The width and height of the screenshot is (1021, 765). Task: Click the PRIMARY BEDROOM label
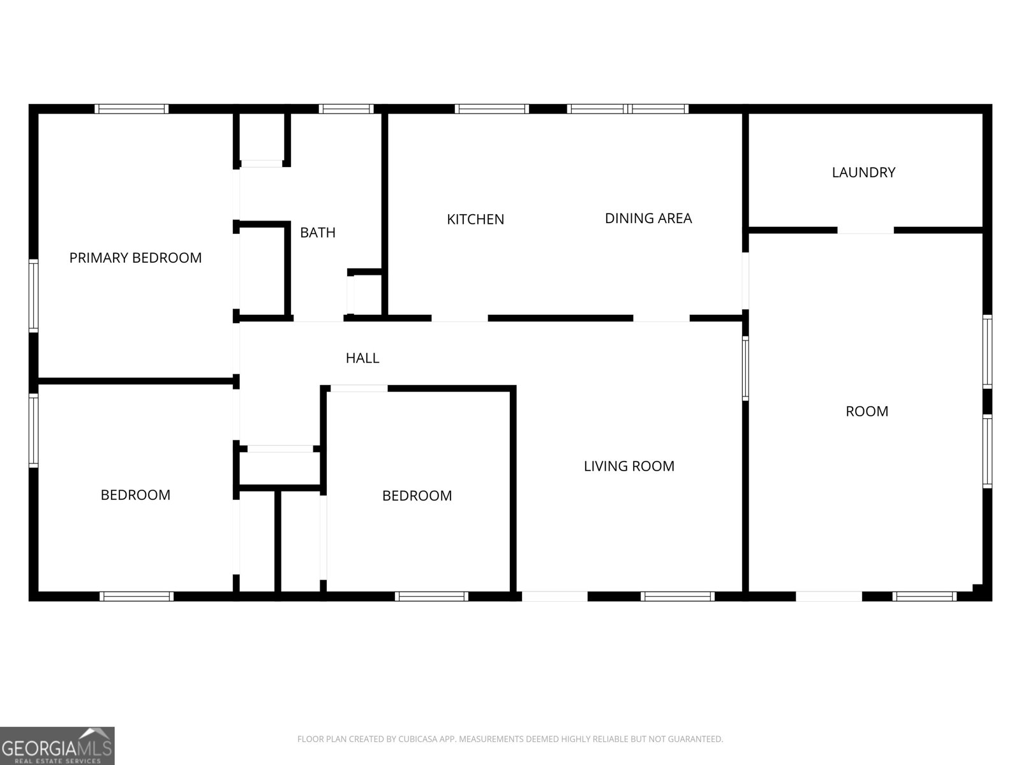[x=135, y=258]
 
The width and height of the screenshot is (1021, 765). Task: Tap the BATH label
[x=318, y=232]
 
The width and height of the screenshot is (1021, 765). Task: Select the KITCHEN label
[x=475, y=219]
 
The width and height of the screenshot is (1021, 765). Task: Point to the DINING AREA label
[x=648, y=218]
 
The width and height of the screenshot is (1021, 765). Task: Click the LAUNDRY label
[x=863, y=172]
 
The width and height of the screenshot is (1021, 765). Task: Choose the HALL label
[x=362, y=358]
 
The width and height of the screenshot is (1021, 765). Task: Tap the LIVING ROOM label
[x=629, y=466]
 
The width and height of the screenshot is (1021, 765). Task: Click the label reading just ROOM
[x=867, y=411]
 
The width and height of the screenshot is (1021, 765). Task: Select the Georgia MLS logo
[x=57, y=746]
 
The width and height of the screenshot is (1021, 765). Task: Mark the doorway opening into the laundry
[x=865, y=230]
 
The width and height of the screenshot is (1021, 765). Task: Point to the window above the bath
[x=346, y=109]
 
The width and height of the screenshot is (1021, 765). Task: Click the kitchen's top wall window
[x=491, y=109]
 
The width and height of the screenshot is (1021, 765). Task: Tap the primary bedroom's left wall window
[x=33, y=296]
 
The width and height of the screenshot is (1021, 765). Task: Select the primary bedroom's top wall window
[x=131, y=109]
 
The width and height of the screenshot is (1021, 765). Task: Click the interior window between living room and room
[x=745, y=368]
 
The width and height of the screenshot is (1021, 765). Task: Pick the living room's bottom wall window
[x=677, y=597]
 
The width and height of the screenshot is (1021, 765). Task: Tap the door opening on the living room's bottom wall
[x=555, y=597]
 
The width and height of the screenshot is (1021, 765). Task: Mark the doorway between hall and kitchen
[x=459, y=318]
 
